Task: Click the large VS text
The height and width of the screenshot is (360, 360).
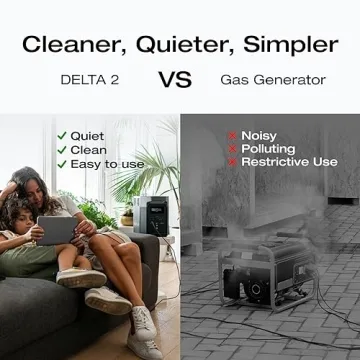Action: [175, 79]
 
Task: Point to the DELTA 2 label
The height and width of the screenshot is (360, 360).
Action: [91, 79]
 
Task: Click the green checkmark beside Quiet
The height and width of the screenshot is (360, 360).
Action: [62, 135]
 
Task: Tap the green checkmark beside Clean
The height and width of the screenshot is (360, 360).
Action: [62, 149]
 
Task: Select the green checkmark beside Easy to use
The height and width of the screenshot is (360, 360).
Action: [62, 163]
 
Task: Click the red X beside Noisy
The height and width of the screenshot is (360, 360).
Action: [232, 135]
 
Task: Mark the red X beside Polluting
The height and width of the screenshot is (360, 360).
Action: [232, 148]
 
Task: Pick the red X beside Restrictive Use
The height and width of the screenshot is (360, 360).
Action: [232, 161]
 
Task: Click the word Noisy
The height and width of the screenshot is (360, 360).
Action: [259, 135]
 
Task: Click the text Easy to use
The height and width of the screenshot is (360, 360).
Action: [108, 163]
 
